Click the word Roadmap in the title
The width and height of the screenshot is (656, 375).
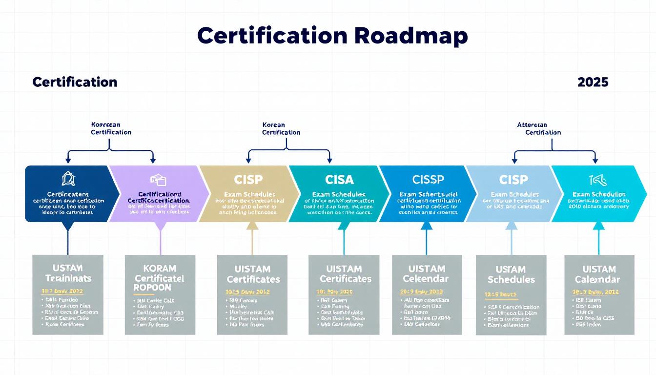point(411,36)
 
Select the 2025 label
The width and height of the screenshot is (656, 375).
point(593,82)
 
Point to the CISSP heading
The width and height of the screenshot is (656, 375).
point(428,180)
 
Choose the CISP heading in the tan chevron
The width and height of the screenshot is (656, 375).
point(248,180)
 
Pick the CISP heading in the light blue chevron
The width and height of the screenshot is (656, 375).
point(513,180)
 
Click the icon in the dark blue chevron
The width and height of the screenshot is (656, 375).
point(68,179)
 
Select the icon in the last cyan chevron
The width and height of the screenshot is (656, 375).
point(598,180)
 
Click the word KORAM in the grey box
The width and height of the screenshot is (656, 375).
point(160,268)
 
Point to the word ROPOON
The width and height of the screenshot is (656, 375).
point(152,288)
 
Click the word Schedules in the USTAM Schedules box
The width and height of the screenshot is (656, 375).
point(511,280)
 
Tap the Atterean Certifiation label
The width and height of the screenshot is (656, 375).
point(539,129)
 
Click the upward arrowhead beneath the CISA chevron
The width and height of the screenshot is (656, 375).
point(344,226)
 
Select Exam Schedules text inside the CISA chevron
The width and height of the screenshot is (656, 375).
point(340,194)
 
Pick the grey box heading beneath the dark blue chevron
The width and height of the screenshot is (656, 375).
point(67,273)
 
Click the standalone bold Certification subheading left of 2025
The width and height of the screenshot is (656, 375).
point(75,82)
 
